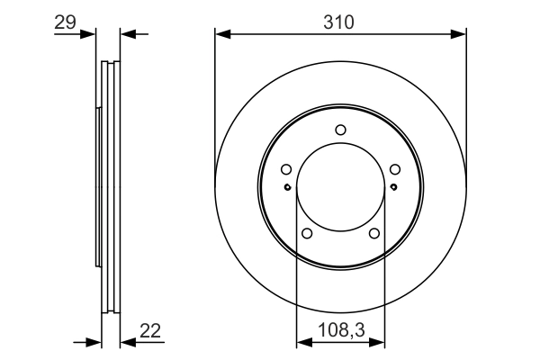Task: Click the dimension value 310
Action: tap(338, 22)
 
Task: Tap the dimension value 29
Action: tap(65, 22)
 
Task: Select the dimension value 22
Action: tap(150, 331)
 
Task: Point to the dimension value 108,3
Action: tap(341, 330)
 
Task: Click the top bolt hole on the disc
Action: tap(340, 130)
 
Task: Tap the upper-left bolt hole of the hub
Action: tap(286, 169)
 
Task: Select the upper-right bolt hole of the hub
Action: tap(395, 169)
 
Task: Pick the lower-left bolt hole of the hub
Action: tap(307, 234)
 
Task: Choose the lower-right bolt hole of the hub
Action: tap(374, 234)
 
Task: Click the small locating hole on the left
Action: tap(287, 186)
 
